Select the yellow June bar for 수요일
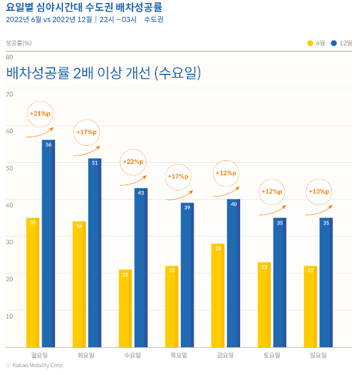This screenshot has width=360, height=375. (x=125, y=308)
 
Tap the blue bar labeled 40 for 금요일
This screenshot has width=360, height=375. (x=234, y=273)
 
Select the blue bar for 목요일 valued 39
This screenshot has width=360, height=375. (x=187, y=275)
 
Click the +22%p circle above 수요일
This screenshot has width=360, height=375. (x=133, y=161)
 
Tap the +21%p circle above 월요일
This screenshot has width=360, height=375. (x=41, y=113)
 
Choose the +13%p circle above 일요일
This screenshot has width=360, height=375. (x=319, y=191)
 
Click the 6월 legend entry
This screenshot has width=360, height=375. (x=316, y=43)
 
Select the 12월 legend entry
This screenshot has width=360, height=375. (x=342, y=43)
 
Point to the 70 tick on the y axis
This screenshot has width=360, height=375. (x=9, y=94)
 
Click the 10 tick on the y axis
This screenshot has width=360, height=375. (x=9, y=316)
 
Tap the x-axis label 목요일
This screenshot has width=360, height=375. (x=178, y=355)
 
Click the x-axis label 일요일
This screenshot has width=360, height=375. (x=318, y=355)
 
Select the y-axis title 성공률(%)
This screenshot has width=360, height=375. (x=19, y=43)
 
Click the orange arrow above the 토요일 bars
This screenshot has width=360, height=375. (x=272, y=211)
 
